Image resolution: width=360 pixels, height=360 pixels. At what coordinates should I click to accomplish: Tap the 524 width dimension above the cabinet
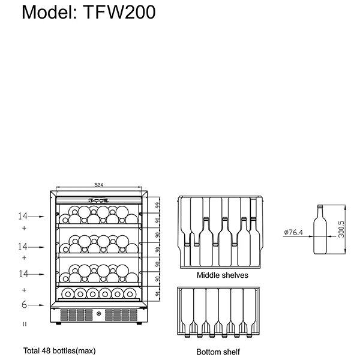98,185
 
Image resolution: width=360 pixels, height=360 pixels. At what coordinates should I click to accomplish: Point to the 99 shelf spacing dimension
157,205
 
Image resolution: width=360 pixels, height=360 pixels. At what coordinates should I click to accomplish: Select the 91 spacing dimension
157,294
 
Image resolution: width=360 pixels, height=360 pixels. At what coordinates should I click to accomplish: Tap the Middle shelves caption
223,275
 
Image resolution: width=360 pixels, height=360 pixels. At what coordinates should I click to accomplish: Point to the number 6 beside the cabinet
25,305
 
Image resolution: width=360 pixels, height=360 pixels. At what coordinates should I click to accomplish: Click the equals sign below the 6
25,324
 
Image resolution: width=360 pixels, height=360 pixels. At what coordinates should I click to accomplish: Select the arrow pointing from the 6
37,305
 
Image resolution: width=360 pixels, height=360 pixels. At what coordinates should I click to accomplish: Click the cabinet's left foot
58,324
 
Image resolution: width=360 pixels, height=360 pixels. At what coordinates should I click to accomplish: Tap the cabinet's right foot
139,324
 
